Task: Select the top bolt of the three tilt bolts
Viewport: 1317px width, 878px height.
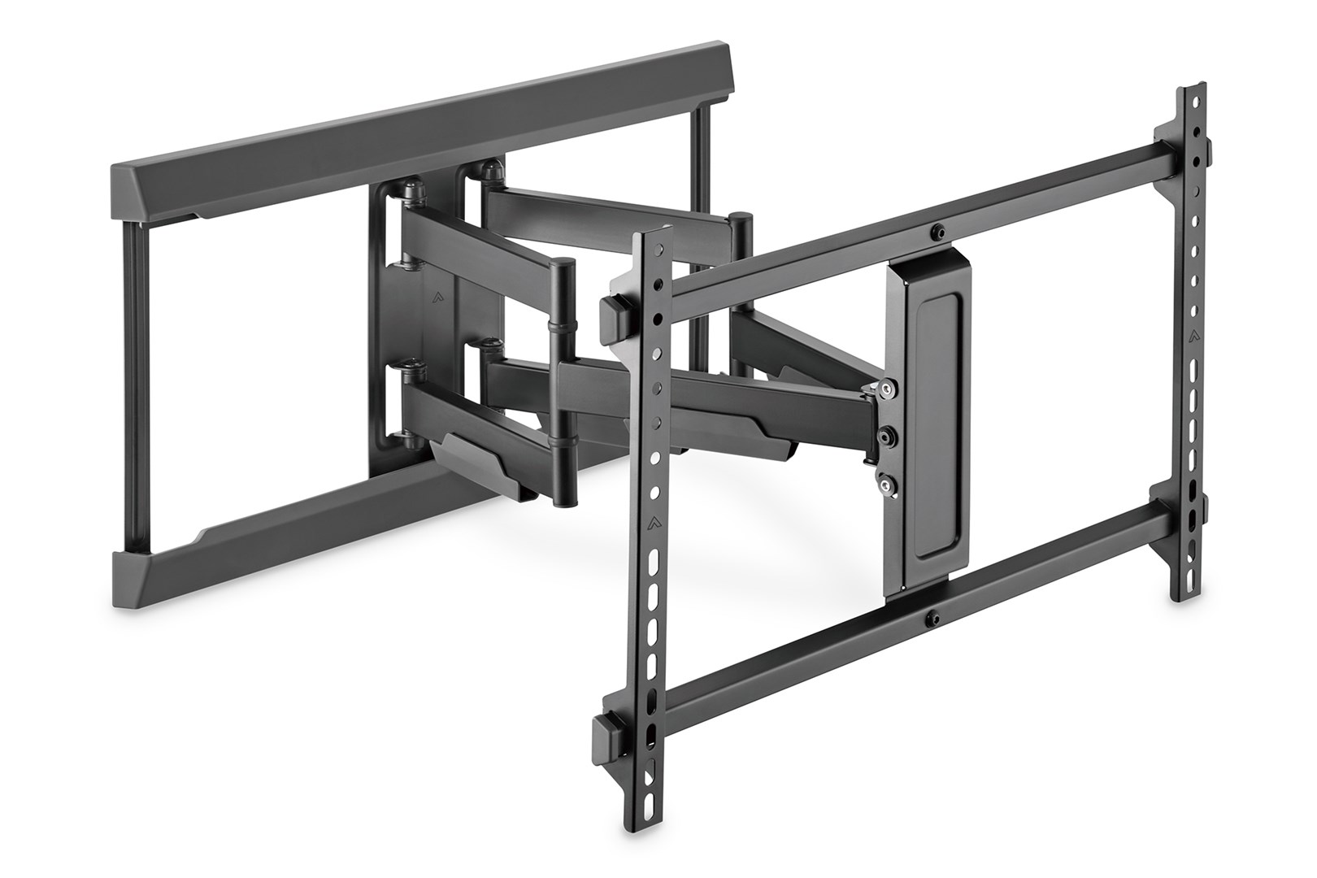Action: [x=892, y=390]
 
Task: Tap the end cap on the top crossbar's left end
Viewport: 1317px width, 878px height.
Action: [x=616, y=310]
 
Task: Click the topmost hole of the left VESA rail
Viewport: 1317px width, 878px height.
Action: [x=658, y=247]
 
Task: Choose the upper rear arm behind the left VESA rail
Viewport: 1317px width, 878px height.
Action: [x=602, y=208]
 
